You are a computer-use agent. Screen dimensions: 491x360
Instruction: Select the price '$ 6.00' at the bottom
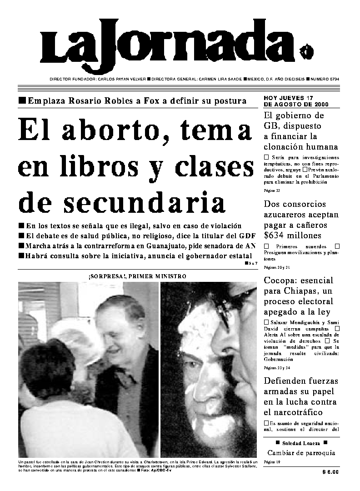[330, 472]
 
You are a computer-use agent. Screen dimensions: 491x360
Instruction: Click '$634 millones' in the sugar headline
[293, 235]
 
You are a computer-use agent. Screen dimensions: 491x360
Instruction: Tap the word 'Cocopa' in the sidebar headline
[278, 280]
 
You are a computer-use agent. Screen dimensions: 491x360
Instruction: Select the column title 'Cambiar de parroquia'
[301, 453]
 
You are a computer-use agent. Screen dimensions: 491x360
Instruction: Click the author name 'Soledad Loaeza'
[301, 443]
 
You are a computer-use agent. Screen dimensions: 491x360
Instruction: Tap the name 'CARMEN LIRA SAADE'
[220, 79]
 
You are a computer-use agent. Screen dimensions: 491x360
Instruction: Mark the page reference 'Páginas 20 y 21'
[276, 268]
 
